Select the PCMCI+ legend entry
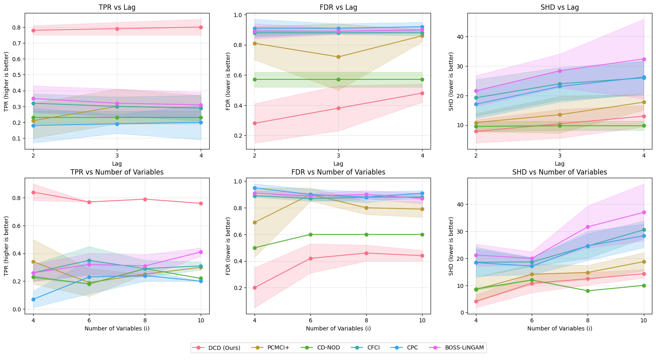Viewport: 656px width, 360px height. [278, 347]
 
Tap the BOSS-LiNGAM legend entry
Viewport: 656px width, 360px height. [464, 347]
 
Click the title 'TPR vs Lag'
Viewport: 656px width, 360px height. [117, 7]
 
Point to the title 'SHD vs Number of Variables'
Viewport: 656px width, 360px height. [560, 172]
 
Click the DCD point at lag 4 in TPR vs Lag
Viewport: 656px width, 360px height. [201, 27]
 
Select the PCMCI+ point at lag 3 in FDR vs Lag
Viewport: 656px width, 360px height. [338, 57]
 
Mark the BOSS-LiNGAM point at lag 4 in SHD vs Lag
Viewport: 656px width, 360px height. [644, 59]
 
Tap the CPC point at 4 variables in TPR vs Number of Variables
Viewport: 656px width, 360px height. [33, 299]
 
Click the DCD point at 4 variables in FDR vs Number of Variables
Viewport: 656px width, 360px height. [255, 288]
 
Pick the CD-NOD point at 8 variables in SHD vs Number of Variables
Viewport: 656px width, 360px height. [588, 291]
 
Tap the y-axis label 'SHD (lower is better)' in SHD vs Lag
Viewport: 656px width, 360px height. [451, 81]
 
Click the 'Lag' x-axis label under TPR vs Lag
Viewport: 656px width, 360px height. [117, 164]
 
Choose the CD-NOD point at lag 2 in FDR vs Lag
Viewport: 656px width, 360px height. [255, 79]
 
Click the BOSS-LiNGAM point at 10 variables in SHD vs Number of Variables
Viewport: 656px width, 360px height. [644, 212]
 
